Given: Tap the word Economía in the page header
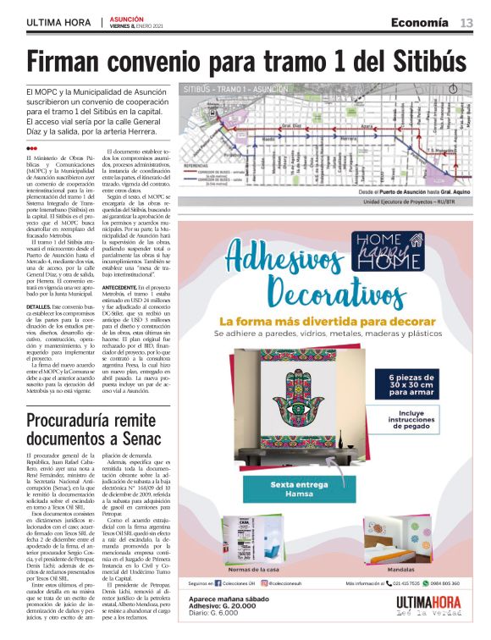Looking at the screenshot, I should coord(420,22).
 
